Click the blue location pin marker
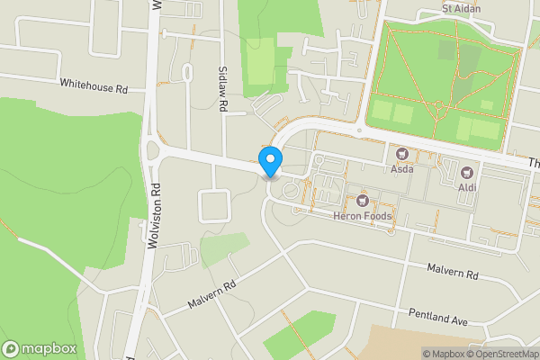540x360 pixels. pyautogui.click(x=270, y=162)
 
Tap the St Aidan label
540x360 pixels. pyautogui.click(x=462, y=9)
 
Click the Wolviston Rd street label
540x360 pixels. pyautogui.click(x=154, y=215)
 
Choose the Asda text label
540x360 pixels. pyautogui.click(x=401, y=168)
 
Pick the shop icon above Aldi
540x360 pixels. pyautogui.click(x=467, y=172)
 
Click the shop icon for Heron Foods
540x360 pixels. pyautogui.click(x=364, y=200)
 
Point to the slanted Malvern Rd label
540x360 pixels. pyautogui.click(x=211, y=294)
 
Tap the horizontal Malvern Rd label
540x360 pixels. pyautogui.click(x=454, y=271)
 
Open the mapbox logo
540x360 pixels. pyautogui.click(x=40, y=349)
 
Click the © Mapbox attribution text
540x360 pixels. pyautogui.click(x=443, y=353)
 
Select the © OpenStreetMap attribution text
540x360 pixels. pyautogui.click(x=502, y=353)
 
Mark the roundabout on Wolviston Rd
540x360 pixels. pyautogui.click(x=150, y=152)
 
